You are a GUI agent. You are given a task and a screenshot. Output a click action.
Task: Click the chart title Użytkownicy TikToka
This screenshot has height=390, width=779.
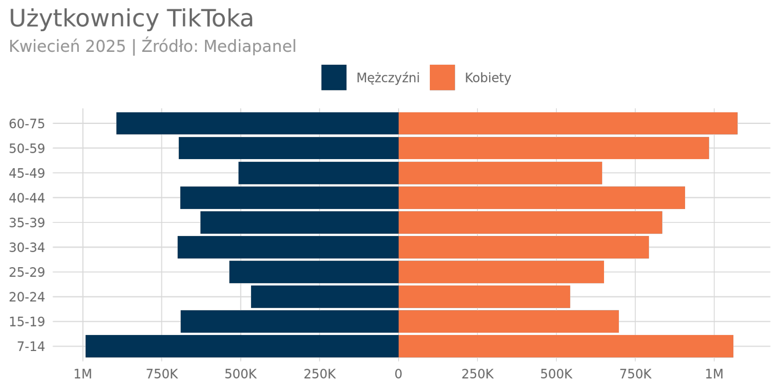131,19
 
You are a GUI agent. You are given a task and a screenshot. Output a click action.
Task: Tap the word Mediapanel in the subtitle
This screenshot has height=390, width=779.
250,46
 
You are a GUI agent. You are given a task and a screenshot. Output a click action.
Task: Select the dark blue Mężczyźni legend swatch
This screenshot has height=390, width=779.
334,78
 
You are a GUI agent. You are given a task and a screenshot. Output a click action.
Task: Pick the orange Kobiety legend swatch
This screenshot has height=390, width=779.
442,78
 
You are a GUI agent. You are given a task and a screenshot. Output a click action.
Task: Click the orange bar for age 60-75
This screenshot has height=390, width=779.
568,124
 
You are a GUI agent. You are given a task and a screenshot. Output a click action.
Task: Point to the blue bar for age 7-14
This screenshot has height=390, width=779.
242,346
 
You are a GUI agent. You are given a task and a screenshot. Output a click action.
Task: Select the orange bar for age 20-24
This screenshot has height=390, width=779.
484,297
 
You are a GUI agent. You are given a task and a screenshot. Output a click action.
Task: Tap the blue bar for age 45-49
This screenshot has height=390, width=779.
318,173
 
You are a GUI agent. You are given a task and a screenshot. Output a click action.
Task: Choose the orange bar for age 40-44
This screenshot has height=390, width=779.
542,198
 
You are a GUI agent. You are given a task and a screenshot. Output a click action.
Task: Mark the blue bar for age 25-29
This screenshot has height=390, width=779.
314,272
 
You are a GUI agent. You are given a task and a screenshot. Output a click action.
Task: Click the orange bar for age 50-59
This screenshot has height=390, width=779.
553,148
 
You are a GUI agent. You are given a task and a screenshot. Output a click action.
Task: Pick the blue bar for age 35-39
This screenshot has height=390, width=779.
299,223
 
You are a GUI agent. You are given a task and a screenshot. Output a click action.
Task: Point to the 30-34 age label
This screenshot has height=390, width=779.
27,248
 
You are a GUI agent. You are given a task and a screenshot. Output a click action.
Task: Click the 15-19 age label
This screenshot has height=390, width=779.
27,322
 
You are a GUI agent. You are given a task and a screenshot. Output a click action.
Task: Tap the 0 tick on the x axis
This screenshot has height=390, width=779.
398,374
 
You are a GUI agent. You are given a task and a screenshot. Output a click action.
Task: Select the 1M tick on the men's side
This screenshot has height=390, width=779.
83,374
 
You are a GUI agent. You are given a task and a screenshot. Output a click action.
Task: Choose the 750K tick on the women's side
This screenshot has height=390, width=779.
636,374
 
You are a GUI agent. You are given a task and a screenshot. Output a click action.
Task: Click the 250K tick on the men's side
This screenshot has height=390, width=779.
320,374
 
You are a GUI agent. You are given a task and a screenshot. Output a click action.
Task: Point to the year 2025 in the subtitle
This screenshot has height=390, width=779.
106,46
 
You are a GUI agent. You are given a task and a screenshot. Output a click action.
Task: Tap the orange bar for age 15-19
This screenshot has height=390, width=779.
509,322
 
